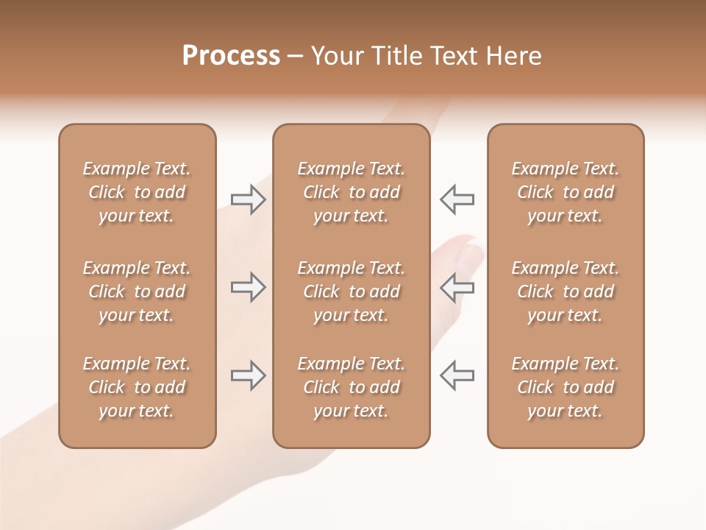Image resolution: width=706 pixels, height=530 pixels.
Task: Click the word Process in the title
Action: tap(231, 55)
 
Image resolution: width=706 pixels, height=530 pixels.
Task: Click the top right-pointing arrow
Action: tap(248, 199)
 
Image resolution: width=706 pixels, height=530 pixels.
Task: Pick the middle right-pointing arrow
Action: tap(248, 287)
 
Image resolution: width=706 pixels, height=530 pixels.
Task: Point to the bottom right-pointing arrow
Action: tap(248, 375)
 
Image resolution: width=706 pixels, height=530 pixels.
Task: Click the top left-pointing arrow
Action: tap(457, 199)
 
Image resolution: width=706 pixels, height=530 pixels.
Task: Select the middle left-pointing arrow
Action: tap(457, 287)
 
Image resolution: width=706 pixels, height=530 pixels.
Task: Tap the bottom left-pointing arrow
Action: tap(457, 375)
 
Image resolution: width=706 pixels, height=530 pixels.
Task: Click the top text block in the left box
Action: tap(137, 192)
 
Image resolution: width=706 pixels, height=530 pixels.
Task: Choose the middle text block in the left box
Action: tap(137, 291)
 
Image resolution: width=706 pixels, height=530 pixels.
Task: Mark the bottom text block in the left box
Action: tap(137, 387)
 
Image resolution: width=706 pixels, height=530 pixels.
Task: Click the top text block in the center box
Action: tap(352, 192)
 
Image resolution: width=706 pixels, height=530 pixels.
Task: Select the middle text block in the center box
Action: tap(352, 291)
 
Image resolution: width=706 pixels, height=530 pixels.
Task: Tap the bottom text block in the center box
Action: tap(352, 387)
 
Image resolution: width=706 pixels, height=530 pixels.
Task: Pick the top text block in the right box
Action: tap(566, 192)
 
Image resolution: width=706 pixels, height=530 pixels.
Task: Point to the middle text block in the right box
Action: tap(566, 291)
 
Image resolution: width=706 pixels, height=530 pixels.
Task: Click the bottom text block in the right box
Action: tap(566, 387)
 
